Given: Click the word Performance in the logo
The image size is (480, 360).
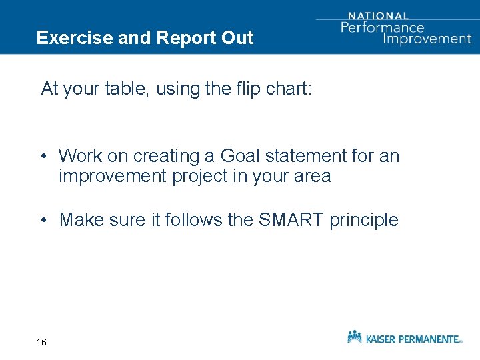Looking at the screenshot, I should pos(382,27).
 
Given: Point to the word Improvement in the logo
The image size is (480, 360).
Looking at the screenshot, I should pos(427,38).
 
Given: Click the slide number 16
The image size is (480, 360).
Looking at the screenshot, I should pos(41,342).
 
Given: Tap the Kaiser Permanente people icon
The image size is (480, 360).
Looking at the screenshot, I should pos(355,337).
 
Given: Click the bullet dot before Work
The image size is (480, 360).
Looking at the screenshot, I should pos(41,157).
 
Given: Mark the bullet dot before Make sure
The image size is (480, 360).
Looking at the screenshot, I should pos(41,220).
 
